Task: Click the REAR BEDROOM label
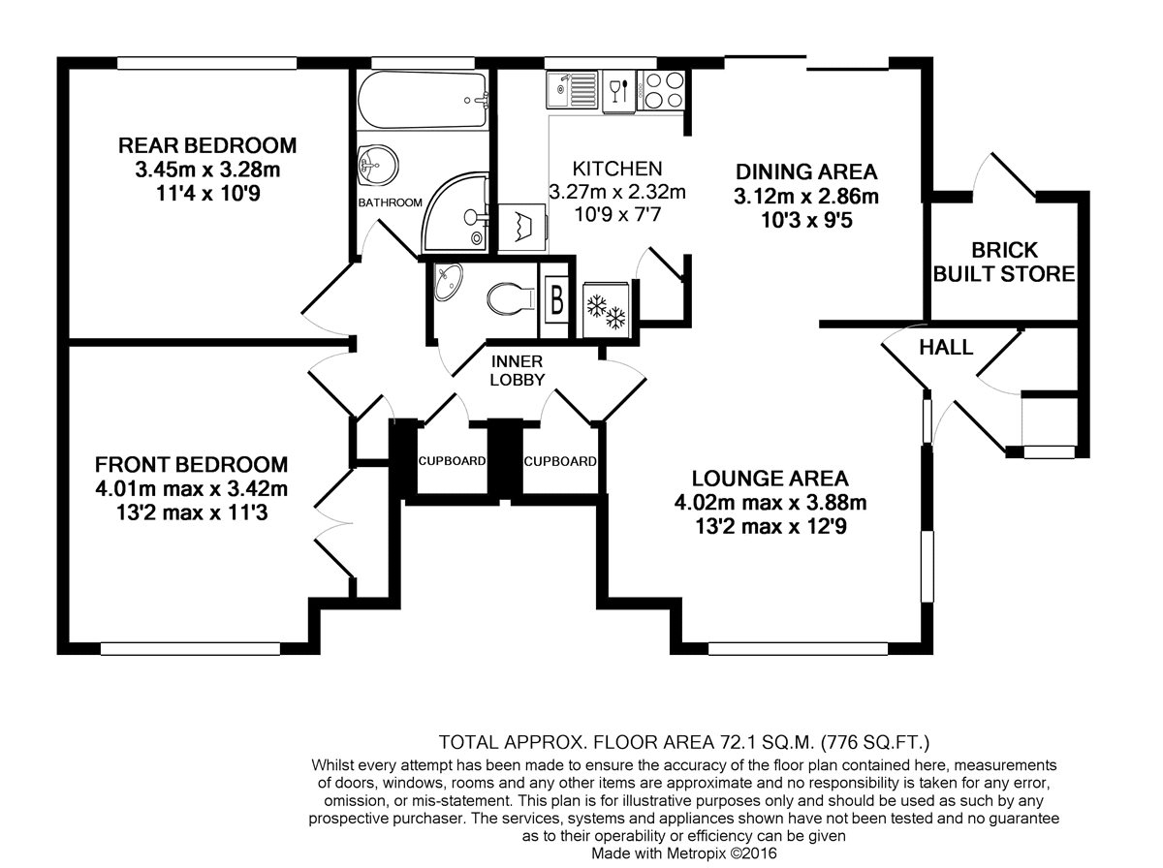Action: pyautogui.click(x=207, y=145)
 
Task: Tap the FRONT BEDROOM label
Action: pyautogui.click(x=191, y=464)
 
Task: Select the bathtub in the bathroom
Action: pyautogui.click(x=423, y=101)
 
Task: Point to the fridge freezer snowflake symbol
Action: pyautogui.click(x=606, y=311)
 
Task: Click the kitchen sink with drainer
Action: pyautogui.click(x=573, y=90)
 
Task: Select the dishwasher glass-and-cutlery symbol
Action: pyautogui.click(x=618, y=92)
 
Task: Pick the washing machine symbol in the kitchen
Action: pyautogui.click(x=522, y=228)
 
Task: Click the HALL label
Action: pyautogui.click(x=946, y=348)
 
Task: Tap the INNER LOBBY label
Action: pyautogui.click(x=518, y=371)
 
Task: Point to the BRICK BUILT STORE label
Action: pyautogui.click(x=1004, y=263)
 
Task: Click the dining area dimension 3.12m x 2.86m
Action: pyautogui.click(x=806, y=197)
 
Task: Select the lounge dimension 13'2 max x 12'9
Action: pyautogui.click(x=770, y=526)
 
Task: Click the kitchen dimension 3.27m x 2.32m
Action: pyautogui.click(x=617, y=191)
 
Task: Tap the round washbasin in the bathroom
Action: pyautogui.click(x=378, y=166)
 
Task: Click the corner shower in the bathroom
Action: pyautogui.click(x=455, y=213)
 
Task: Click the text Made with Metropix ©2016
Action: pyautogui.click(x=683, y=853)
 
